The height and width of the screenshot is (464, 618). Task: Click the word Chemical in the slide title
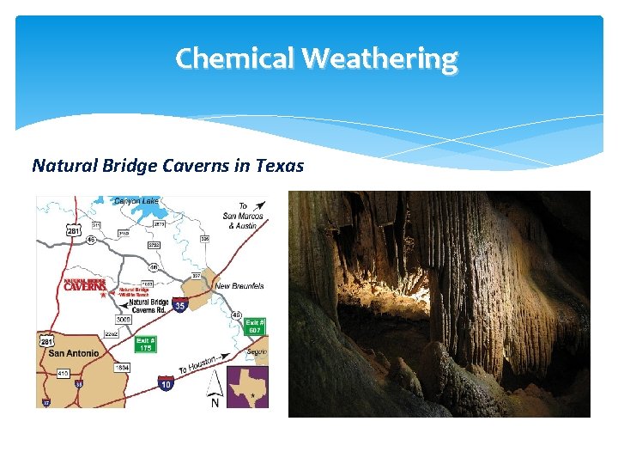tap(235, 58)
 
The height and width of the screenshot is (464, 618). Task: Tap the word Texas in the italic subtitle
tap(280, 165)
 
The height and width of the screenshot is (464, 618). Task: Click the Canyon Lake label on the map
tap(136, 201)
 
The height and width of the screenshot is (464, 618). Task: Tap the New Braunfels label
tap(240, 286)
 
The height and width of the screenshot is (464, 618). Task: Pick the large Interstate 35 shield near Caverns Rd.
tap(179, 304)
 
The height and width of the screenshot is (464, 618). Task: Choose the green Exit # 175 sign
tap(145, 344)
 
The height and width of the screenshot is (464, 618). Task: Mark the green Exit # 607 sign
tap(255, 327)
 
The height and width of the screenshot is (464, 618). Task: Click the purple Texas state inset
tap(247, 387)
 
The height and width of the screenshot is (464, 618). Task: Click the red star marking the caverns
tap(103, 295)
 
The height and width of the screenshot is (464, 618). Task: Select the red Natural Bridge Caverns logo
tap(85, 284)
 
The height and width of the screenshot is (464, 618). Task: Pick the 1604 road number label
tap(122, 367)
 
